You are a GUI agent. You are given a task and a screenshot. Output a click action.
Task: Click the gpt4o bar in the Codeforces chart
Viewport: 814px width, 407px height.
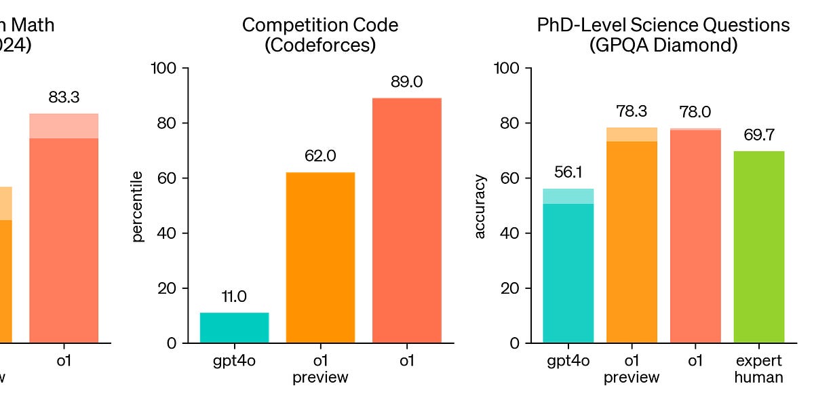click(234, 328)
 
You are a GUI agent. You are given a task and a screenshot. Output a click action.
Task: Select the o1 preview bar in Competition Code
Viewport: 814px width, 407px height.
click(320, 258)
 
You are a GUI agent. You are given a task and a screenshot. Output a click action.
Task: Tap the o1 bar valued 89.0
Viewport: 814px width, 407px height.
click(406, 220)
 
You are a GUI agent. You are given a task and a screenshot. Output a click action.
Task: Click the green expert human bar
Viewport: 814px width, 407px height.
click(758, 247)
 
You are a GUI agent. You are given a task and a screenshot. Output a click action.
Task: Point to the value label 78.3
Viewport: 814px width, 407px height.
click(632, 111)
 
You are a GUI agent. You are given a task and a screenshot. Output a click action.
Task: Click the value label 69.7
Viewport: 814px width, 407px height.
click(758, 135)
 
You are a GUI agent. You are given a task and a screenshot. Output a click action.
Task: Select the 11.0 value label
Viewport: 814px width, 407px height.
click(234, 296)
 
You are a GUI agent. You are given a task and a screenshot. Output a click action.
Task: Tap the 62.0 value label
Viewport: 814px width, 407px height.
click(320, 156)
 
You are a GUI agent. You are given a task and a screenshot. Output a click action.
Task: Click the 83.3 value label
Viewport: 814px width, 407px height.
click(64, 98)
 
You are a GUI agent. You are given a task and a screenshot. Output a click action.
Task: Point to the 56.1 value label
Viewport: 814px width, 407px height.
click(568, 172)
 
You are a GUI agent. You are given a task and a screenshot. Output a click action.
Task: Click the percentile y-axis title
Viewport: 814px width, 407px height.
click(138, 206)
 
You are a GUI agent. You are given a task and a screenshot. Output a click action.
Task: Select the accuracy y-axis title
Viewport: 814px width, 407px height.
click(480, 206)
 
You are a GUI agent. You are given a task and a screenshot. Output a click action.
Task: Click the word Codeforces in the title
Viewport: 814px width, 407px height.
click(320, 46)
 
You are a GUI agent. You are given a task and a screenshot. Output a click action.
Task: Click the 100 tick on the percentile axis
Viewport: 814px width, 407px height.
click(163, 69)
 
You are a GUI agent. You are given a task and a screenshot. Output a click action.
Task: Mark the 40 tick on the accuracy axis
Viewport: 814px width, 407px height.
click(508, 233)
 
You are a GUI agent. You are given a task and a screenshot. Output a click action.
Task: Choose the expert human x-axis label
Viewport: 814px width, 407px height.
click(758, 369)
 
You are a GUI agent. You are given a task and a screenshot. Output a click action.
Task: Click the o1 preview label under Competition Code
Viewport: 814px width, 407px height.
click(320, 369)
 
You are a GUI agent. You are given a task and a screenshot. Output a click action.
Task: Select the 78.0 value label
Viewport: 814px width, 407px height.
click(695, 112)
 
